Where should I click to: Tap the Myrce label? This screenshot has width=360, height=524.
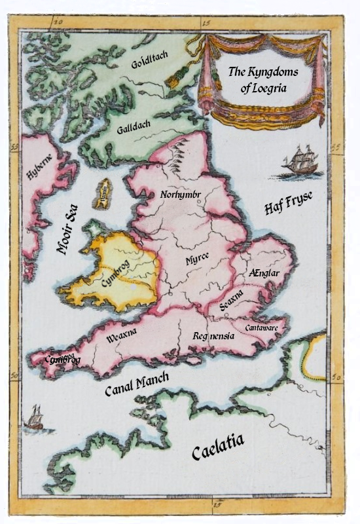[196, 259]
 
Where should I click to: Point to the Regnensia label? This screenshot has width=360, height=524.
[213, 336]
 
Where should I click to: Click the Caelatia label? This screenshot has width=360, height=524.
[218, 451]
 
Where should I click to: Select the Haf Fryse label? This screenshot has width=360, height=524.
[289, 203]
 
